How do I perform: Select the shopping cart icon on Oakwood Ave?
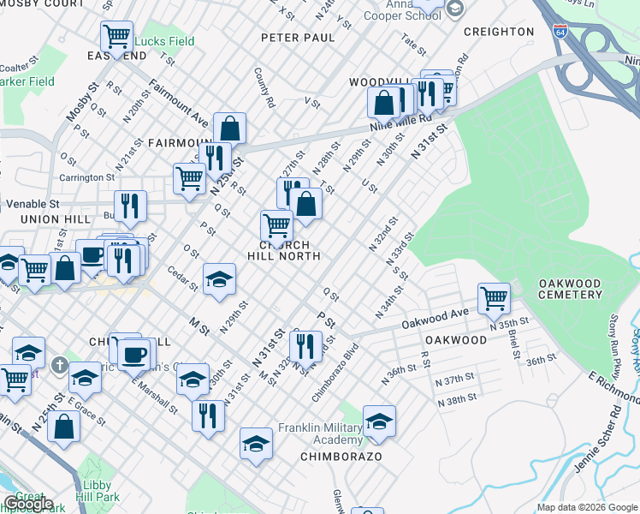[494, 299]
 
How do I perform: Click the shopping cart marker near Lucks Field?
[116, 37]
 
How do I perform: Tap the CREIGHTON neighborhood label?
[499, 32]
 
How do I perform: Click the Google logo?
[27, 504]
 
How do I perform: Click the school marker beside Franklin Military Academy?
[379, 421]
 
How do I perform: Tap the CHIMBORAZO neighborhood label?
[341, 457]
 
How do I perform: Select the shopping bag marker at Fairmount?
[230, 128]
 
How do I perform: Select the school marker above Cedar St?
[219, 279]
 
